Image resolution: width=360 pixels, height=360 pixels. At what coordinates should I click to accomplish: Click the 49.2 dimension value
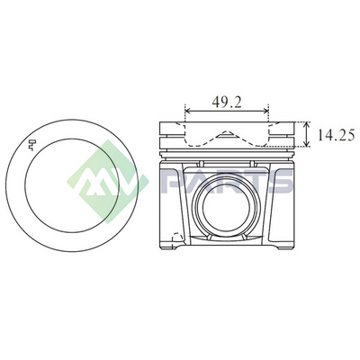(227, 103)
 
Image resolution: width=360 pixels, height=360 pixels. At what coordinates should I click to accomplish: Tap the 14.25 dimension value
(337, 135)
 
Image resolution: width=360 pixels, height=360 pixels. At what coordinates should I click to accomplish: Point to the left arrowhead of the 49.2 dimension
(188, 112)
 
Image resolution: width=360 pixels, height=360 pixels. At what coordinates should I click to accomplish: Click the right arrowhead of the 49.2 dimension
(266, 112)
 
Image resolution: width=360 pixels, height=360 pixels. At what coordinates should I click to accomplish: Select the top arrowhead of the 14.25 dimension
(306, 124)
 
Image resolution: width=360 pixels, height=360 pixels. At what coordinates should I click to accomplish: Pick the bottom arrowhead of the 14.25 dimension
(306, 145)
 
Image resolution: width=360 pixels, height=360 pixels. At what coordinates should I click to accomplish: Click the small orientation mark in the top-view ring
(32, 145)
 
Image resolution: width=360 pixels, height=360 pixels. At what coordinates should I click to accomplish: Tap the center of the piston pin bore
(226, 209)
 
